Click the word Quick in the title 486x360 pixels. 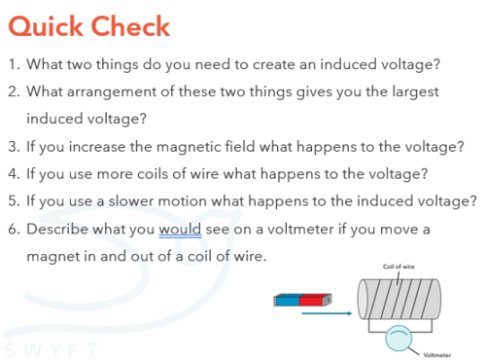46,26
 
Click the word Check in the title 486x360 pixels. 130,25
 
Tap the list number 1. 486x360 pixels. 14,64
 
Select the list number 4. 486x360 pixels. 14,173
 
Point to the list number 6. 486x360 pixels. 14,229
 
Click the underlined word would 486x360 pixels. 180,229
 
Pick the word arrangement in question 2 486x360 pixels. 112,91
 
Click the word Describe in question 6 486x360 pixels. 57,229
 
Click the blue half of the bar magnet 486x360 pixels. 287,300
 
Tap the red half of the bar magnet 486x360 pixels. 311,300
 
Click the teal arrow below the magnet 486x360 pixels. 327,313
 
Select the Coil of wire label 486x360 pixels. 399,267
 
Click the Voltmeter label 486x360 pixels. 436,355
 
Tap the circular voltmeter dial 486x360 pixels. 399,339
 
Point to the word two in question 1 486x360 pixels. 77,64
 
